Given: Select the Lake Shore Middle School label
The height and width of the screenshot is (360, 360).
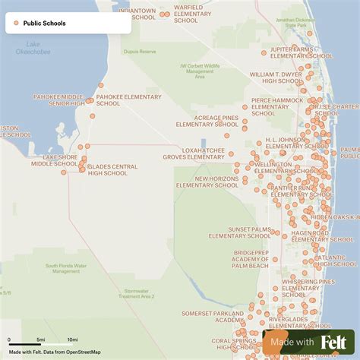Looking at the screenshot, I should pos(59,160).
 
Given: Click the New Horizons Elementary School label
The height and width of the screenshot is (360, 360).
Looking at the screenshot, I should pos(207,182).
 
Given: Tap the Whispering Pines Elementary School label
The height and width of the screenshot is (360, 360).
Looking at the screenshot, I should pos(307,286).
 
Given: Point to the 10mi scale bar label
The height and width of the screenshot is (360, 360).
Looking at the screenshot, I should pos(72,339).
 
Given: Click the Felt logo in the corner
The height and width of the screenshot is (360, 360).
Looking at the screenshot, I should pos(334,343).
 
